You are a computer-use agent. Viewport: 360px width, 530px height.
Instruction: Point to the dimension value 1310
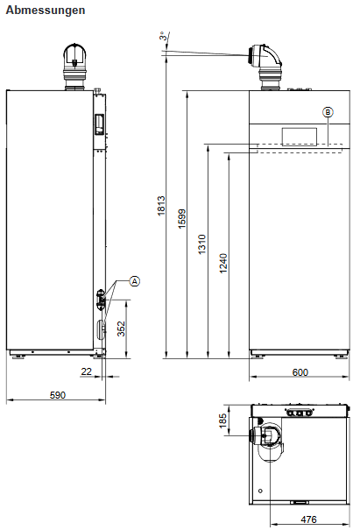(202, 245)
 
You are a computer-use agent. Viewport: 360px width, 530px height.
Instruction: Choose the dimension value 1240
(223, 263)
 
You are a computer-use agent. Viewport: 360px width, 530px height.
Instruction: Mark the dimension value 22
(85, 372)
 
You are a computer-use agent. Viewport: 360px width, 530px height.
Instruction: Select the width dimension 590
(58, 396)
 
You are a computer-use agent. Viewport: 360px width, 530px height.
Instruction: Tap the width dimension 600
(300, 372)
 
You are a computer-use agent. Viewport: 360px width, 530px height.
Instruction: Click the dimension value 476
(308, 519)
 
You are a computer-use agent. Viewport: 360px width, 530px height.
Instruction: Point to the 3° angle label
(163, 36)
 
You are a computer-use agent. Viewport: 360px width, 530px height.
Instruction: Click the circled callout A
(134, 281)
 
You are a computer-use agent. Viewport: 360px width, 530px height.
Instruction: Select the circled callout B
(328, 111)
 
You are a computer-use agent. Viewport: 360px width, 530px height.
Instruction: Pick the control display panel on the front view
(299, 136)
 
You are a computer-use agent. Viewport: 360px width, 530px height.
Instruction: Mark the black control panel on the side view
(99, 124)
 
